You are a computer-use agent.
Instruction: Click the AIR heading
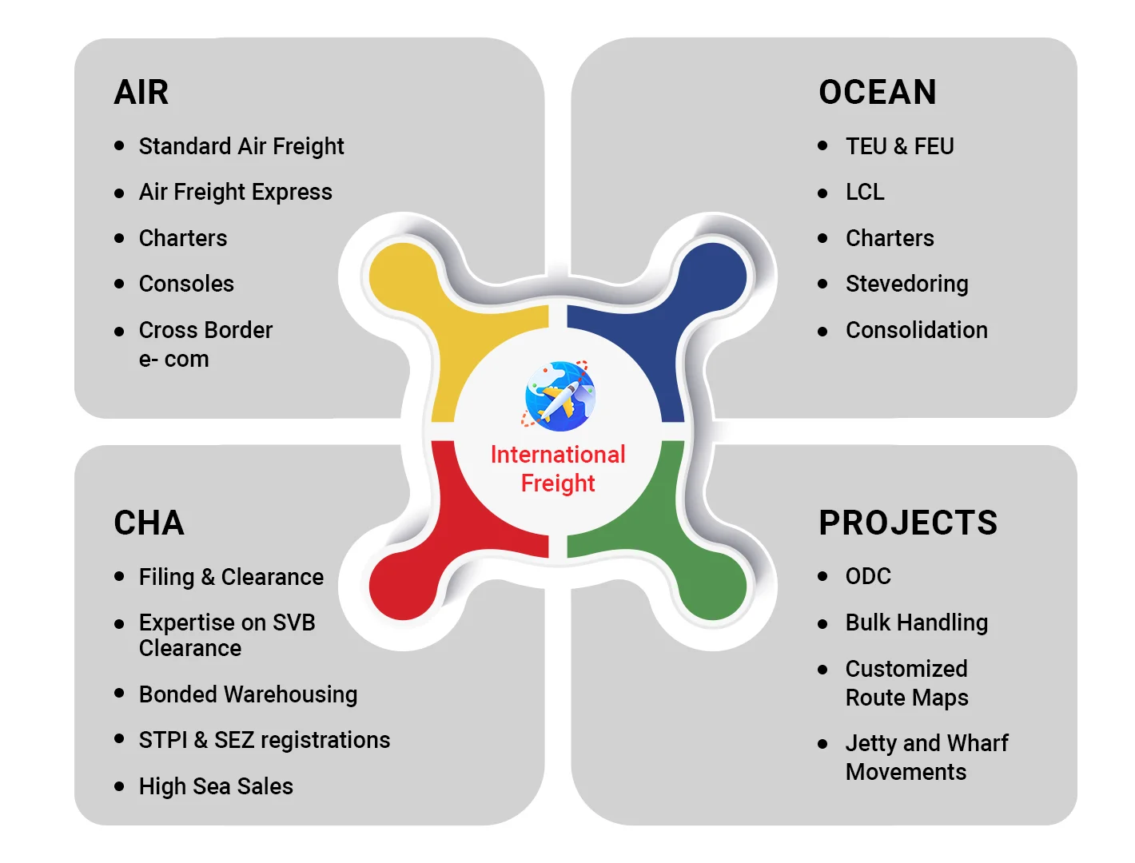tap(141, 92)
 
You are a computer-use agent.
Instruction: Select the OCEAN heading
tap(877, 92)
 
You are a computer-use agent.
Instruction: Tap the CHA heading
tap(149, 522)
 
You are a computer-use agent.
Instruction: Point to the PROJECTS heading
tap(907, 522)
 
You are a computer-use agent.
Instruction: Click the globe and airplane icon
tap(559, 396)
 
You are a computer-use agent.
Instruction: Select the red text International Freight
tap(558, 468)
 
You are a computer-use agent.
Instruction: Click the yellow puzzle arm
tap(444, 310)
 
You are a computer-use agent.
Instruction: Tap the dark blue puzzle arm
tap(672, 310)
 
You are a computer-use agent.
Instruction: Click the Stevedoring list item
tap(906, 284)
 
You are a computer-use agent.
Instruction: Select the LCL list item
tap(865, 192)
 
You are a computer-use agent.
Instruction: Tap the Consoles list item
tap(186, 283)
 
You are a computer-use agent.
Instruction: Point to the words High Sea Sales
tap(216, 785)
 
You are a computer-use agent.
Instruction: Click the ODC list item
tap(868, 575)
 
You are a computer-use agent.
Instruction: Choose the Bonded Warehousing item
tap(249, 694)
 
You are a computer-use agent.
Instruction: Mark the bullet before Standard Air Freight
tap(119, 145)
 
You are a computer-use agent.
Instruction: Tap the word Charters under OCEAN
tap(890, 237)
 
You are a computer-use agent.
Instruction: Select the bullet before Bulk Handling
tap(822, 624)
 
